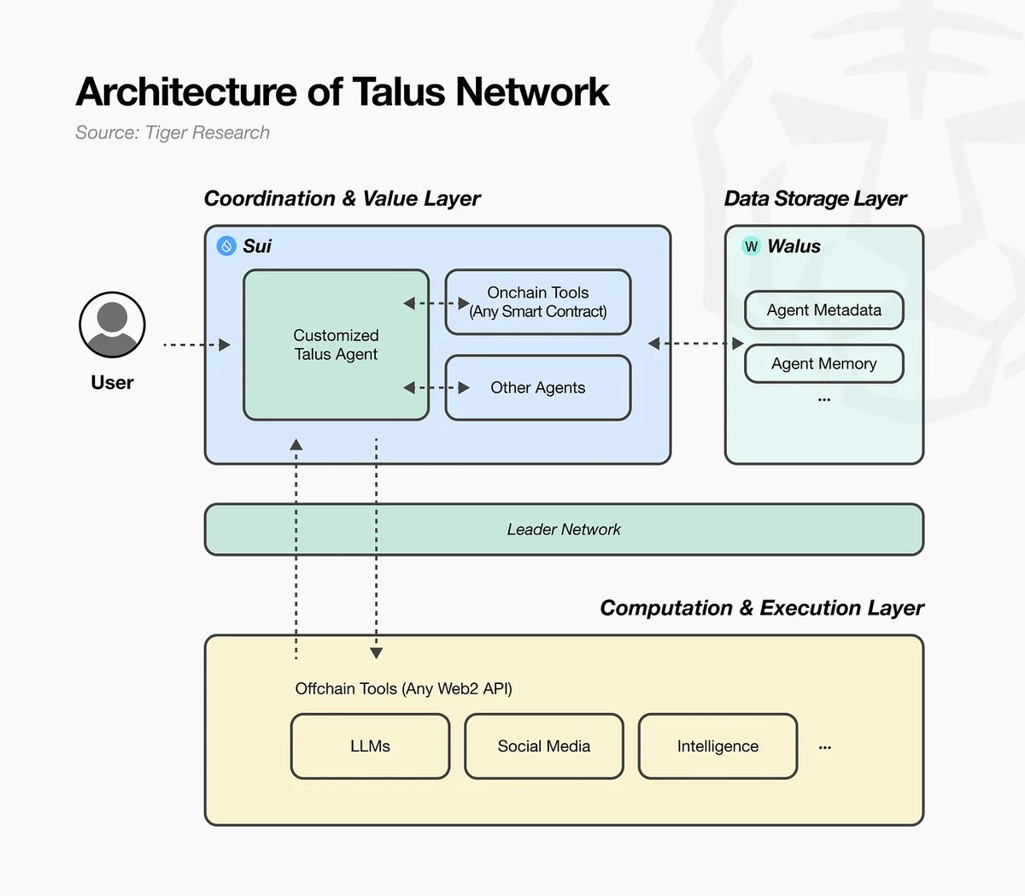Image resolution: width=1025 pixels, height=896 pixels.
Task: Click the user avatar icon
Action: tap(112, 325)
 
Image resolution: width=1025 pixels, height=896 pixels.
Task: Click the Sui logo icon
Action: tap(226, 246)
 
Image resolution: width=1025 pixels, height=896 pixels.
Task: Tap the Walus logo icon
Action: tap(751, 246)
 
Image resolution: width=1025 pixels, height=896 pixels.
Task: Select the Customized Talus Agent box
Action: tap(336, 345)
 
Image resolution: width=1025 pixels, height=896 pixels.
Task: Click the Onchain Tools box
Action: tap(538, 303)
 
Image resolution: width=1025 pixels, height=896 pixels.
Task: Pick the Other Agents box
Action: tap(538, 388)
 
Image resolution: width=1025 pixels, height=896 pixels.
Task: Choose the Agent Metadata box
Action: tap(823, 310)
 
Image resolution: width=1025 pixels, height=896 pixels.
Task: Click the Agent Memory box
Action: tap(823, 364)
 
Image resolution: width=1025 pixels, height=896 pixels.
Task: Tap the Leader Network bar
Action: tap(564, 530)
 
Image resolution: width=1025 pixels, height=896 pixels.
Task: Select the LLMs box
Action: tap(370, 746)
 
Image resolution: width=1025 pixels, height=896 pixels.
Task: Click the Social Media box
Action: tap(544, 746)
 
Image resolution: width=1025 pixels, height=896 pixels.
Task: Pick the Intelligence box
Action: tap(717, 746)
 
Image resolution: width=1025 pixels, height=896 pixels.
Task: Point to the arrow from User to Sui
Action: tap(196, 345)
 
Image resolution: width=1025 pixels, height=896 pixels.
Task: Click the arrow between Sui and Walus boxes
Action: tap(695, 344)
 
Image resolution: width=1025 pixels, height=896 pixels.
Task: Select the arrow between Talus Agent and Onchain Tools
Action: tap(436, 304)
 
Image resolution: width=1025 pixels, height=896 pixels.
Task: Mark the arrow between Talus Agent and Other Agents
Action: tap(436, 388)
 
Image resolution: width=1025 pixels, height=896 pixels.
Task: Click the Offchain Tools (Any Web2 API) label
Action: tap(403, 689)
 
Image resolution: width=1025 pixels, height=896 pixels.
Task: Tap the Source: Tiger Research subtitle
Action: tap(173, 133)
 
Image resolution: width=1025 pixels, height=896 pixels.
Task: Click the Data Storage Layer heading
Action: tap(815, 199)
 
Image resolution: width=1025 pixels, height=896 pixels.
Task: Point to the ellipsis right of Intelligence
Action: tap(824, 747)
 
